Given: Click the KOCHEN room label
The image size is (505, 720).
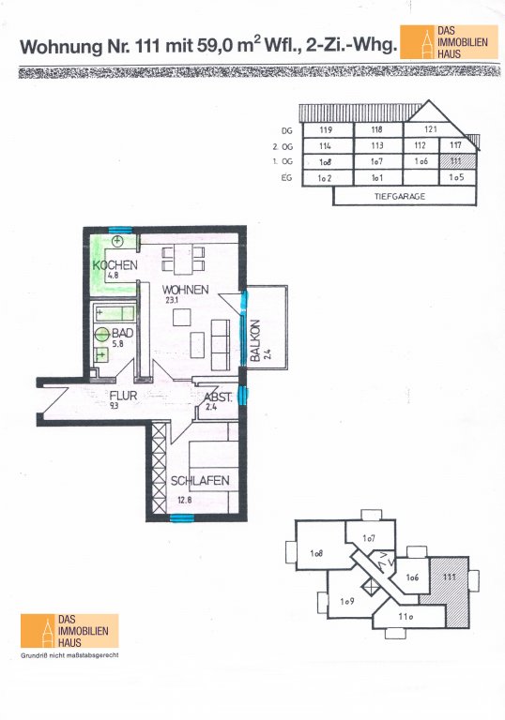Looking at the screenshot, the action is click(115, 265).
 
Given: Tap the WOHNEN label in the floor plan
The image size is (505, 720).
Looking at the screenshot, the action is click(185, 290).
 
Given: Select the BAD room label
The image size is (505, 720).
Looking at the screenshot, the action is click(123, 333).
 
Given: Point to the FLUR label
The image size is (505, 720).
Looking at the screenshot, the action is click(123, 396).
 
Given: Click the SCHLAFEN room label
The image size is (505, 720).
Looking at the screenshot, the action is click(200, 481).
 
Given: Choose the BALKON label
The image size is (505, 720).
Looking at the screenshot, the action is click(255, 339).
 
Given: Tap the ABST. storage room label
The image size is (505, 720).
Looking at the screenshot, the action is click(218, 397).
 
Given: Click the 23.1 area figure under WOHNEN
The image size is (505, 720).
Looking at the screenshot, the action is click(172, 300).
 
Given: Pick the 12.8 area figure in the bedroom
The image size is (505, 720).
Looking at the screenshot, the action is click(184, 500).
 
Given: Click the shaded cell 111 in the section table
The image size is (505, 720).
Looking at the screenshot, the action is click(457, 161).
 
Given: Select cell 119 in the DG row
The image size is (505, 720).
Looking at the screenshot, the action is click(328, 129).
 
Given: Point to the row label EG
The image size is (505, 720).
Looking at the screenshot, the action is click(286, 177).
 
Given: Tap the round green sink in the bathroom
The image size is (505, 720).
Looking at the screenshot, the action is click(102, 335).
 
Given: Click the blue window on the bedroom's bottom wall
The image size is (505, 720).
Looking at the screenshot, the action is click(182, 518).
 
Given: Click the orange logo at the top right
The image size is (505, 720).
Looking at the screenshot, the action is click(449, 42).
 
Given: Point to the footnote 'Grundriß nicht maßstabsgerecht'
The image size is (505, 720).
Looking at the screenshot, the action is click(69, 655).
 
